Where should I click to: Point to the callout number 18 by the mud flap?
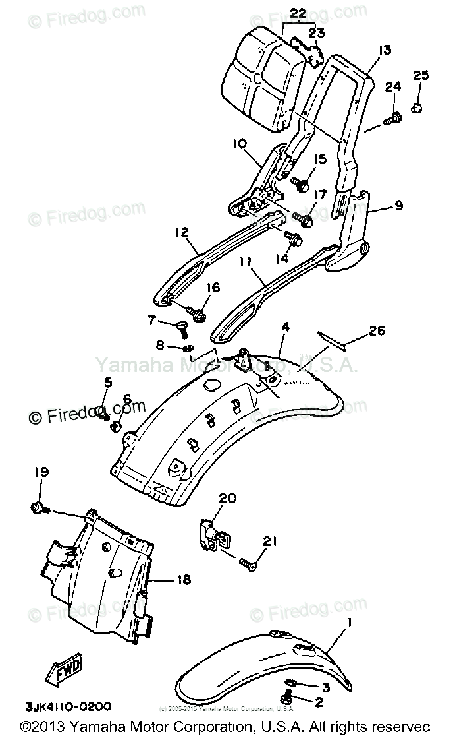click(183, 580)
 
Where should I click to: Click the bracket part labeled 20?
click(212, 532)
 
